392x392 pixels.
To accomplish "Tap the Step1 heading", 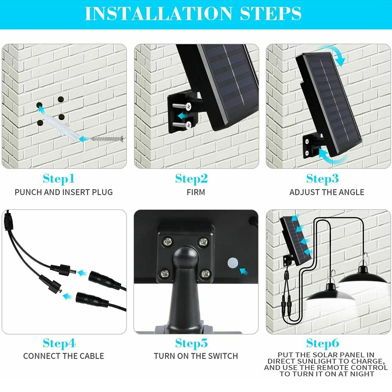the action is (59, 179).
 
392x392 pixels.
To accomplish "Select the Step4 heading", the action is (59, 343).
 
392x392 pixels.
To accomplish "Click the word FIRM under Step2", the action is (196, 192).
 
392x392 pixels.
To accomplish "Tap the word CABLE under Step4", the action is (92, 356).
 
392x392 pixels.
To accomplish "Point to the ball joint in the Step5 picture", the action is (185, 256).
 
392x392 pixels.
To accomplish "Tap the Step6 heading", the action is (323, 343).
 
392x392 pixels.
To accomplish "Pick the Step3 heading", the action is (323, 179).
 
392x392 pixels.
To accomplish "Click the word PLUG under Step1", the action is (102, 192).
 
